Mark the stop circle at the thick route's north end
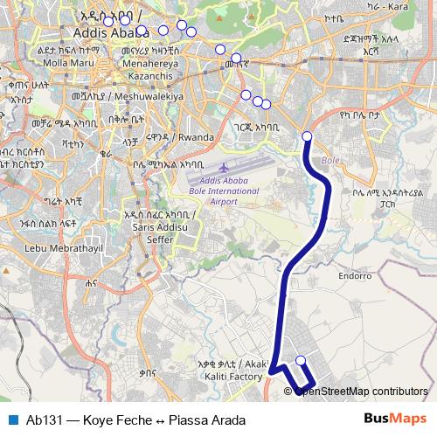[307, 135]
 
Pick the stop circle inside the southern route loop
[301, 360]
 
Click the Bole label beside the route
[330, 161]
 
